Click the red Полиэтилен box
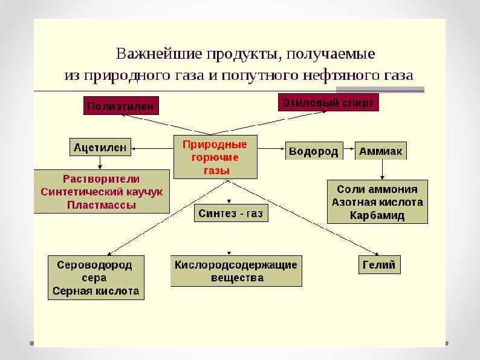pyautogui.click(x=122, y=106)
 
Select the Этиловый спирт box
pyautogui.click(x=329, y=102)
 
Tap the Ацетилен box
pyautogui.click(x=100, y=147)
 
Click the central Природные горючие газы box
pyautogui.click(x=215, y=157)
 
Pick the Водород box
pyautogui.click(x=313, y=151)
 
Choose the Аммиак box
pyautogui.click(x=380, y=151)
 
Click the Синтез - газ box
pyautogui.click(x=231, y=214)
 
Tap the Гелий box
pyautogui.click(x=379, y=264)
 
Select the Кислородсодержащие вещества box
pyautogui.click(x=236, y=272)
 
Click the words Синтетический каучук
pyautogui.click(x=102, y=192)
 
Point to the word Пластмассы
pyautogui.click(x=102, y=205)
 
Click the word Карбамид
pyautogui.click(x=377, y=215)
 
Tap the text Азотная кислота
pyautogui.click(x=377, y=202)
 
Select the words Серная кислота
pyautogui.click(x=96, y=291)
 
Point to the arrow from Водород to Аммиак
pyautogui.click(x=349, y=151)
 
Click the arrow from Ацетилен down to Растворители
pyautogui.click(x=100, y=163)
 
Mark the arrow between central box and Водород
pyautogui.click(x=271, y=148)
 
